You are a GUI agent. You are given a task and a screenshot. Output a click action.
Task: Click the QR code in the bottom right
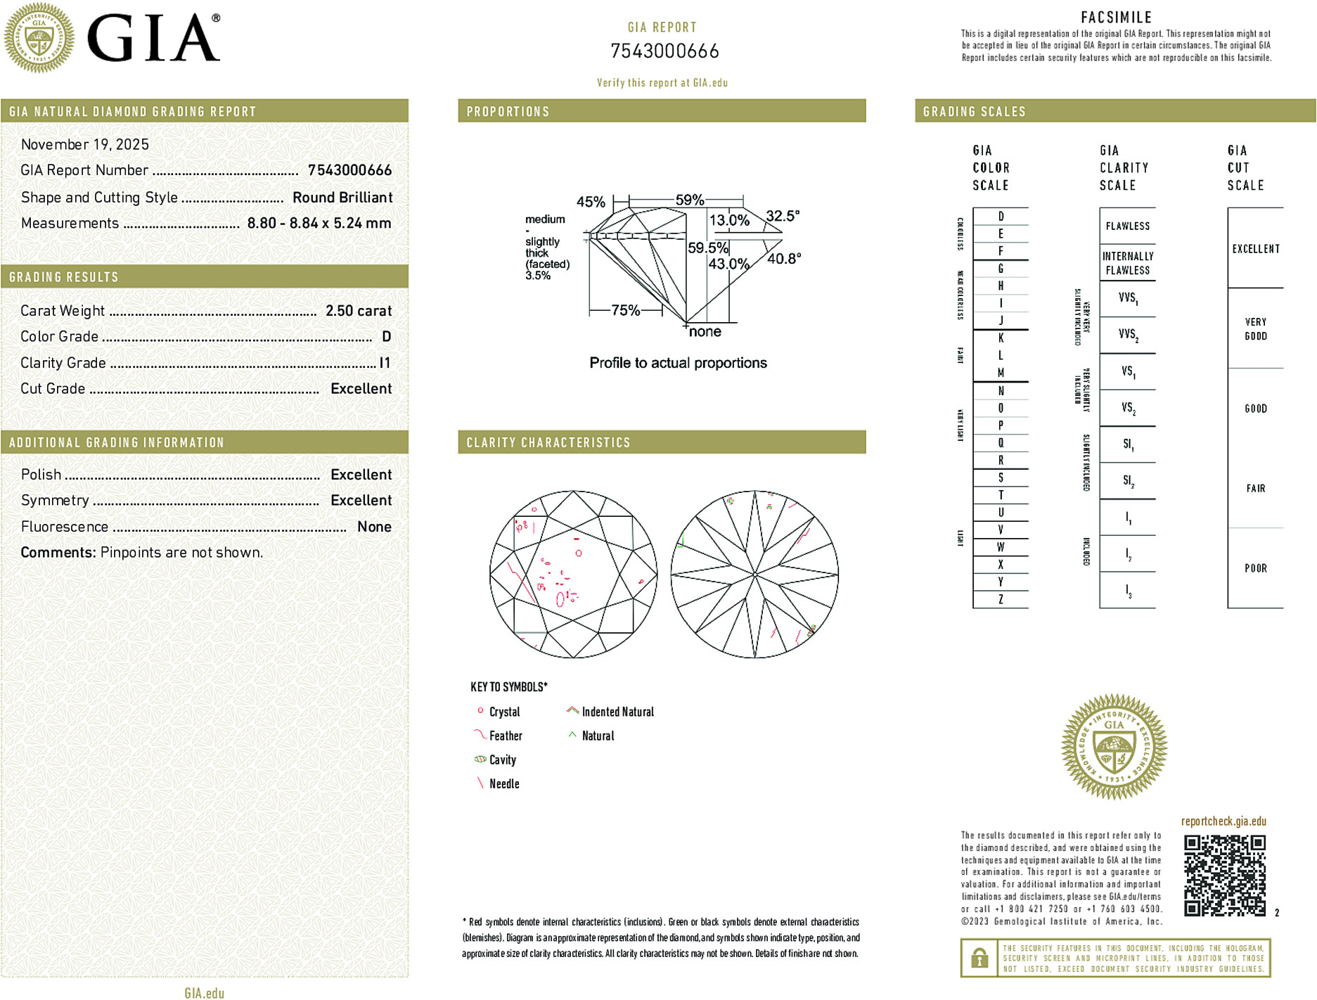(1224, 875)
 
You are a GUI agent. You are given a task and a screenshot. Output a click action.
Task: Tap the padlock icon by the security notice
(979, 958)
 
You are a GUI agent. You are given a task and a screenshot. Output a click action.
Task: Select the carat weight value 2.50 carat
(358, 311)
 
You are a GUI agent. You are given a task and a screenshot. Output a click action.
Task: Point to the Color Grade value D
(386, 337)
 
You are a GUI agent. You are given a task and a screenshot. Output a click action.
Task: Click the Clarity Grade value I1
(385, 363)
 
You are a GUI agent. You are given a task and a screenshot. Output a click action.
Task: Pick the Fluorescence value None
(374, 527)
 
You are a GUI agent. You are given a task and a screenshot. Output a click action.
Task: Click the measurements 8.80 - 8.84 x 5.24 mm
(319, 224)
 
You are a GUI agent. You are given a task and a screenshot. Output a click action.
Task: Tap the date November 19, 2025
(85, 145)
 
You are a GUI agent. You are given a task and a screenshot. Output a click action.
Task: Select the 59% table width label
(689, 200)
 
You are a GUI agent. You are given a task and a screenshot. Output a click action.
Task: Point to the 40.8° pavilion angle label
(784, 259)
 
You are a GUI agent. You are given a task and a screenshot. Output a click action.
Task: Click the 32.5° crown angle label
(783, 216)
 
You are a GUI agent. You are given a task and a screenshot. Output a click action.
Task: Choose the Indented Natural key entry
(617, 712)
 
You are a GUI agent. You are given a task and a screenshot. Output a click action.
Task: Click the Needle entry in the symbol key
(504, 783)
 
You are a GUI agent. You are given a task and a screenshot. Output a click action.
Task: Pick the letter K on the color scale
(1001, 338)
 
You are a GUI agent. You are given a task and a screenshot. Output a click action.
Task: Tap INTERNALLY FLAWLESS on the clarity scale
(1127, 263)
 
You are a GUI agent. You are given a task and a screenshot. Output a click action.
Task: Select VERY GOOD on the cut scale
(1255, 329)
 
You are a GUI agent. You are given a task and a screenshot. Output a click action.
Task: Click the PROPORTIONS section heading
(508, 112)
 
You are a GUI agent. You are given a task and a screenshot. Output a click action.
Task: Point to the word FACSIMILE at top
(1116, 18)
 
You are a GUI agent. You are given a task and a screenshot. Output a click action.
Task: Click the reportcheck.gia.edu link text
(1223, 821)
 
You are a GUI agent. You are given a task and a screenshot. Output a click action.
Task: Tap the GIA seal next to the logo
(39, 38)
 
